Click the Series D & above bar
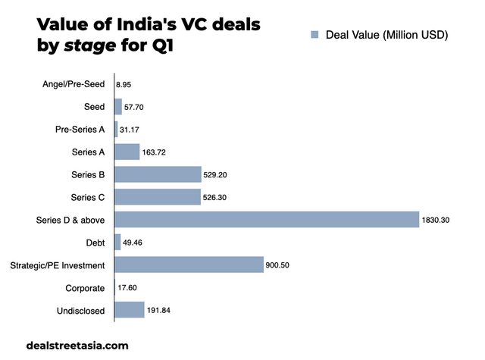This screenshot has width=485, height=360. click(x=265, y=220)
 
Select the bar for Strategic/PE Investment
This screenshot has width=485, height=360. click(x=189, y=265)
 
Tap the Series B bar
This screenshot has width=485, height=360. click(x=158, y=174)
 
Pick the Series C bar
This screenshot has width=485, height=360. click(x=157, y=197)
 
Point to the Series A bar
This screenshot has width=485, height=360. click(x=127, y=152)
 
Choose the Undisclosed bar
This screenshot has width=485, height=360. click(x=129, y=310)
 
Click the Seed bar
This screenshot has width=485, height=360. click(x=118, y=107)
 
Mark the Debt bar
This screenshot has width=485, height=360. click(x=117, y=242)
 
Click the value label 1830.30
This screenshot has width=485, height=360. click(x=436, y=220)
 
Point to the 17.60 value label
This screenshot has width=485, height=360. click(x=127, y=287)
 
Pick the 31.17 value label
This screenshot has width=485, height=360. click(x=131, y=130)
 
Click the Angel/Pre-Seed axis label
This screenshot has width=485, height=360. click(x=74, y=84)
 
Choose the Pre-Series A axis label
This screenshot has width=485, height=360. click(x=80, y=130)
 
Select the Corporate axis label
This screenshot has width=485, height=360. click(x=85, y=287)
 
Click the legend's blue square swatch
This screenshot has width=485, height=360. click(x=314, y=34)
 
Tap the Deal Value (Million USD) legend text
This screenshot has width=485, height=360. click(x=387, y=34)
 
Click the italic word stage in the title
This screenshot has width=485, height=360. click(x=89, y=47)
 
